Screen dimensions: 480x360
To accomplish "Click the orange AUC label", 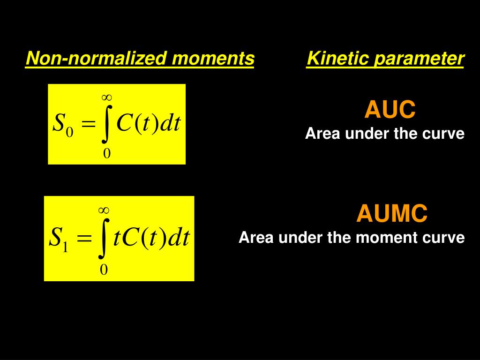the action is pyautogui.click(x=390, y=109).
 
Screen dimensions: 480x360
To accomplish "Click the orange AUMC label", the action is pyautogui.click(x=392, y=213).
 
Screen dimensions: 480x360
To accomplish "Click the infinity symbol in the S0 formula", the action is pyautogui.click(x=106, y=97).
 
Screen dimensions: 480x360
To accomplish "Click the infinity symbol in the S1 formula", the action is pyautogui.click(x=104, y=210).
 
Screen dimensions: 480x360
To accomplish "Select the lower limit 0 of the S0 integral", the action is pyautogui.click(x=106, y=153).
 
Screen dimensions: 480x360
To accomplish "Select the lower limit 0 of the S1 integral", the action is pyautogui.click(x=104, y=270).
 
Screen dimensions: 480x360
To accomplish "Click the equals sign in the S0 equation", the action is pyautogui.click(x=88, y=125).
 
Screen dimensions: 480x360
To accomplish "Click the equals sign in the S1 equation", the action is pyautogui.click(x=84, y=238).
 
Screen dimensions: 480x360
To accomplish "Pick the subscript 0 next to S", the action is pyautogui.click(x=69, y=132).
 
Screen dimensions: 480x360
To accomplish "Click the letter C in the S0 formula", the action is pyautogui.click(x=124, y=123).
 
